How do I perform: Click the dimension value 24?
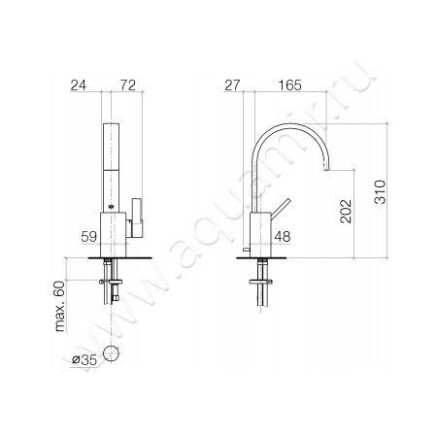81,86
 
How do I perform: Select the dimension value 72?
127,86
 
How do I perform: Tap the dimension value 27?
232,86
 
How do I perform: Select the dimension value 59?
88,235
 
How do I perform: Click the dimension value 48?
283,235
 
